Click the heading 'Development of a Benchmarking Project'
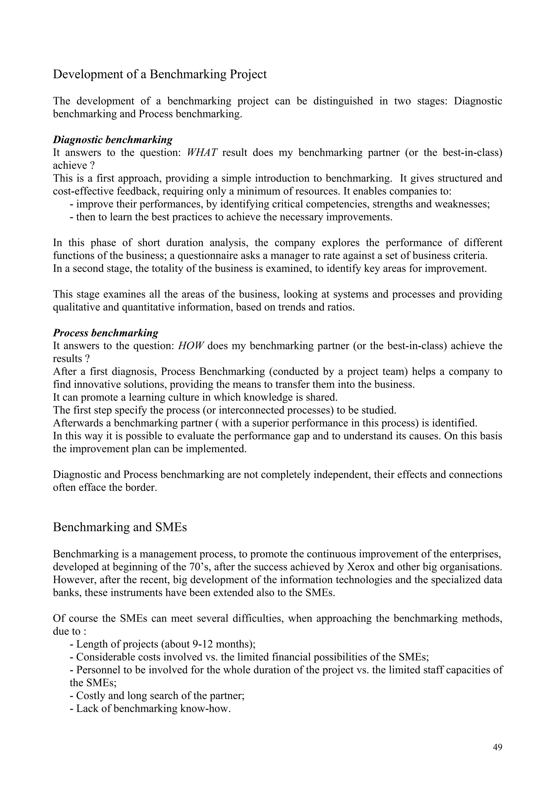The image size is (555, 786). (160, 74)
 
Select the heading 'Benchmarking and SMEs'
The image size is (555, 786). (120, 527)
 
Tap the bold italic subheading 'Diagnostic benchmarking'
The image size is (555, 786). (112, 140)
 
